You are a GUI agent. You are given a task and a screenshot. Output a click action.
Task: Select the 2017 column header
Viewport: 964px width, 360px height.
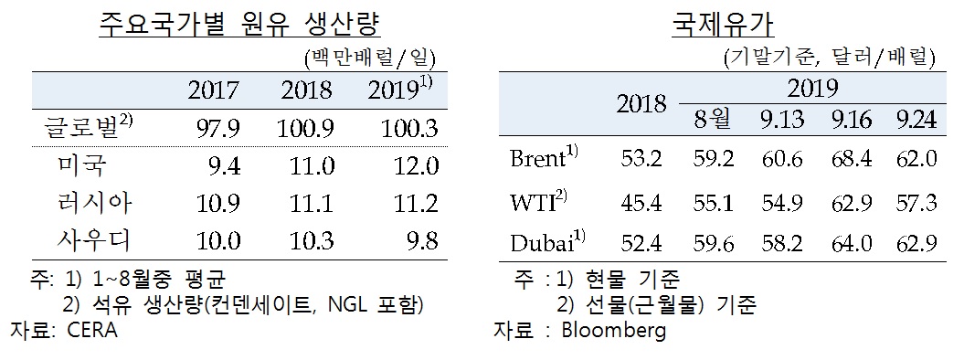(213, 90)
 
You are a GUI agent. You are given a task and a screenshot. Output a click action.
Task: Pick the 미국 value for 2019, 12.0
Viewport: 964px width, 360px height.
(415, 166)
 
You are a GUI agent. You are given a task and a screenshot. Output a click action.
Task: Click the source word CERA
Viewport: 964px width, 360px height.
(92, 332)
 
